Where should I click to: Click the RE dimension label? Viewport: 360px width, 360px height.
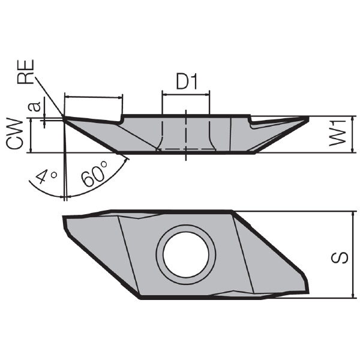pyautogui.click(x=25, y=71)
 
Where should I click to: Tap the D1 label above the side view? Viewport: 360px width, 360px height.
pyautogui.click(x=187, y=82)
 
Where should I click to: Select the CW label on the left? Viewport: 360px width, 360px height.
pyautogui.click(x=15, y=134)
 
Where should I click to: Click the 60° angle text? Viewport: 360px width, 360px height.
pyautogui.click(x=95, y=173)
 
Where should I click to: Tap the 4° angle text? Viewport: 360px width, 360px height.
pyautogui.click(x=47, y=176)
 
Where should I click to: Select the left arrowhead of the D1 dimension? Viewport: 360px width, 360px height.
pyautogui.click(x=165, y=94)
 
